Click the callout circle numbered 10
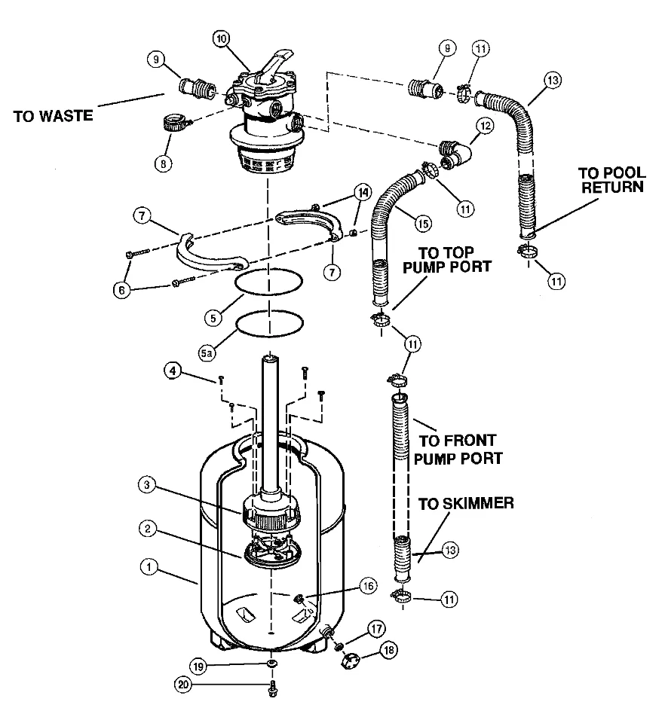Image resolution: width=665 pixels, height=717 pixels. [222, 39]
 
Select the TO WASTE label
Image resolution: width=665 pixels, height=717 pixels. [53, 116]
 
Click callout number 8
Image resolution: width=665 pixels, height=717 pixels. [164, 163]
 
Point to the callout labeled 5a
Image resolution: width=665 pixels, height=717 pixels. [207, 352]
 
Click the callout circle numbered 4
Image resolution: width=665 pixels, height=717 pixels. [173, 371]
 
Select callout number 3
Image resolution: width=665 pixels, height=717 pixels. [147, 485]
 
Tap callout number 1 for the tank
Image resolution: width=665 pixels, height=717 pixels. [149, 567]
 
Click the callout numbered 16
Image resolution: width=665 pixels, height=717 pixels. [369, 586]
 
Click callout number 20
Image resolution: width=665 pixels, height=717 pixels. [183, 685]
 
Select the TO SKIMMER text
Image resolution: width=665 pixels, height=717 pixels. [466, 503]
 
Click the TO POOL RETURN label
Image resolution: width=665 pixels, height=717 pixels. [612, 180]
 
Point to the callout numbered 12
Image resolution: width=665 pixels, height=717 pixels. [485, 125]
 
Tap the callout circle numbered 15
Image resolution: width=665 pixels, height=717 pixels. [423, 223]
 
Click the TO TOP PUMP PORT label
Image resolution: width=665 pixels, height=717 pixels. [446, 260]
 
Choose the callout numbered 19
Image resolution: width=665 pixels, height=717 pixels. [198, 667]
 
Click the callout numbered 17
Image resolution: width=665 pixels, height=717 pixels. [376, 629]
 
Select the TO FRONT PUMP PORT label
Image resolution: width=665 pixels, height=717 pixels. [458, 450]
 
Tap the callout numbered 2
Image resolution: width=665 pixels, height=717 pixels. [147, 529]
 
